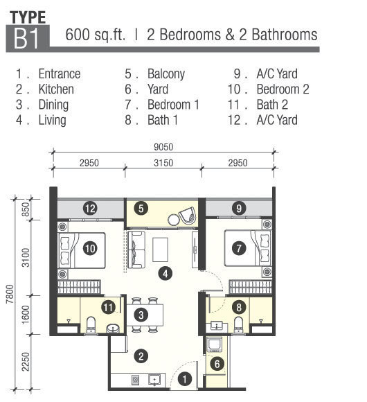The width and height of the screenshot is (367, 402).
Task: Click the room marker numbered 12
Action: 90,209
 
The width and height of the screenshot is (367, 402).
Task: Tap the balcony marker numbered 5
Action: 141,209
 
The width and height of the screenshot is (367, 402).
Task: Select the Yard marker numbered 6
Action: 217,364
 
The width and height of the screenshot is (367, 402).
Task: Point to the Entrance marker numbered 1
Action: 184,379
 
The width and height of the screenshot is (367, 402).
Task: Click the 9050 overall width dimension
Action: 163,147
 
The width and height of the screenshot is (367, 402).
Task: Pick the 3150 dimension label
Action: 163,163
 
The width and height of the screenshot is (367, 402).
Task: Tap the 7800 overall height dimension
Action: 10,294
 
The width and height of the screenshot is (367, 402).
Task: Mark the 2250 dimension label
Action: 26,362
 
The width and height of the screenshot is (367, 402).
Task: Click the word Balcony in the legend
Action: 166,74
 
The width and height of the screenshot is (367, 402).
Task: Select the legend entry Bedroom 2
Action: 283,89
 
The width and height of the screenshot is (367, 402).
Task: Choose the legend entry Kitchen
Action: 56,89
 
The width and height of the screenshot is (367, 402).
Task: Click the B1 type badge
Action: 28,38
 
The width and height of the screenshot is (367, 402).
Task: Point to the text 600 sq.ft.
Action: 96,35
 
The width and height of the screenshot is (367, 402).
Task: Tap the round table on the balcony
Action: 174,220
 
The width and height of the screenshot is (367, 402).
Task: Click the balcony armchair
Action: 188,216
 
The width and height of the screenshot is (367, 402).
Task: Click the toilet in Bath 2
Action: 91,325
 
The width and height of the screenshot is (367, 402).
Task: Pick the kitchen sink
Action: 154,379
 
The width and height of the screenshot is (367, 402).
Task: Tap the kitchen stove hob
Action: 136,380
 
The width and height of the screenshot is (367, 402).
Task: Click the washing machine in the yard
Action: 215,345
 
